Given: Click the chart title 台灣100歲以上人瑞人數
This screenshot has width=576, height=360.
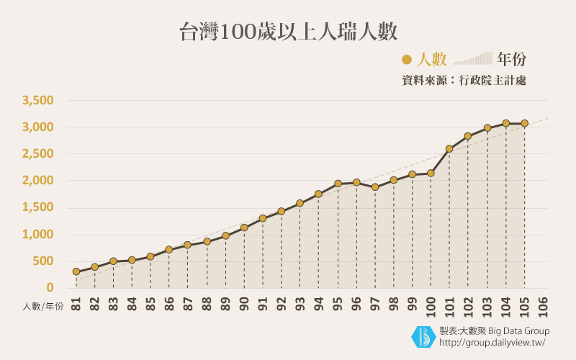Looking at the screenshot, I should click(x=288, y=32).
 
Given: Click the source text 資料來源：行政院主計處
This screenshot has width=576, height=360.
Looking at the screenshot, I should click(x=464, y=81).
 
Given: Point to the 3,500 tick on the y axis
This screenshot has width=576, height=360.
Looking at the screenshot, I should click(x=38, y=100).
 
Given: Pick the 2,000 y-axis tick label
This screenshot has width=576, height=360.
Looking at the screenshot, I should click(x=38, y=181).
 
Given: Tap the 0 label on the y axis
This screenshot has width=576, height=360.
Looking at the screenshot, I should click(x=50, y=287).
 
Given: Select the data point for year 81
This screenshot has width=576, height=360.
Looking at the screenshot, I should click(x=76, y=271).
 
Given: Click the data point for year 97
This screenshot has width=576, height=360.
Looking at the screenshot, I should click(x=375, y=187).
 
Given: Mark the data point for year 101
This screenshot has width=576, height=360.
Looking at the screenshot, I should click(x=449, y=149).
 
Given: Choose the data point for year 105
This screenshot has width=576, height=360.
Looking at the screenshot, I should click(x=525, y=123).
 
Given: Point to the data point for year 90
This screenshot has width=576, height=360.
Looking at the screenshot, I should click(x=244, y=228).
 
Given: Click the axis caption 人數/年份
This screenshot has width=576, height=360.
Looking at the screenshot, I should click(x=42, y=306).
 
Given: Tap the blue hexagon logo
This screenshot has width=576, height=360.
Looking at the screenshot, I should click(x=423, y=336).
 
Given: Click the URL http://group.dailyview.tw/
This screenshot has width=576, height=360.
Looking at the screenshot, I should click(x=492, y=342).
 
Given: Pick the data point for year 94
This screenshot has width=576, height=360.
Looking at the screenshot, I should click(x=318, y=194).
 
